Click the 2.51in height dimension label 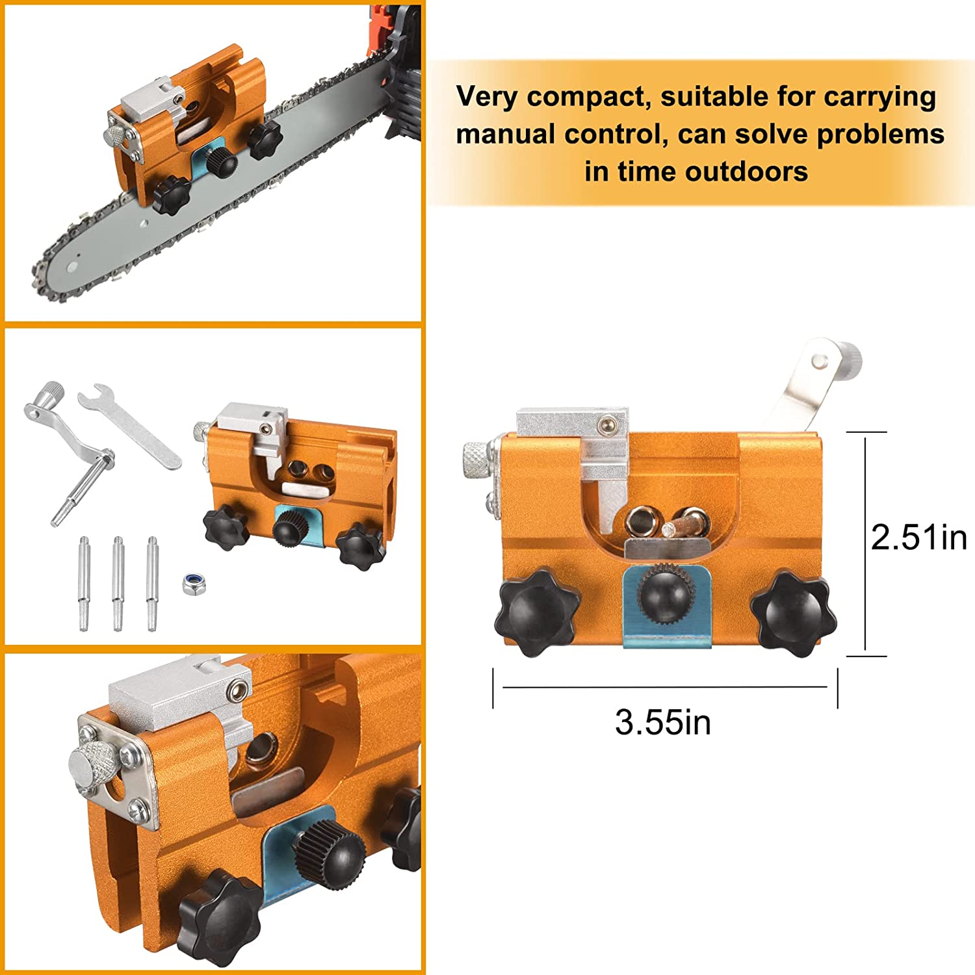918,538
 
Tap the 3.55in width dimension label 662,722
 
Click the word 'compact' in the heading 588,97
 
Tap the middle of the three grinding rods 118,582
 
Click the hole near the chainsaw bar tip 73,266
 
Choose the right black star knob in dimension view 794,612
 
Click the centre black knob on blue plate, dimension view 664,593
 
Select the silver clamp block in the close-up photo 179,705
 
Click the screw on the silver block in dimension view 608,424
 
